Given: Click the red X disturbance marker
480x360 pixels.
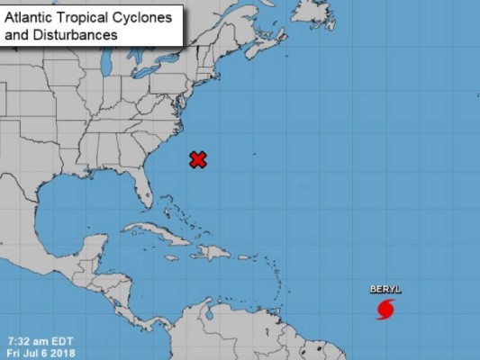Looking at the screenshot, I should tap(198, 160).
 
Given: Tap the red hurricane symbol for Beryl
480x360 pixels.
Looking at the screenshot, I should tap(385, 310).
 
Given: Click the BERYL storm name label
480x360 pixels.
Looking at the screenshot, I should tap(385, 290).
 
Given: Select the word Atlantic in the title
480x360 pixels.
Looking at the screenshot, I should tap(28, 17).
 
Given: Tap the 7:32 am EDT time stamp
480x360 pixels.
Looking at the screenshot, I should tap(40, 342).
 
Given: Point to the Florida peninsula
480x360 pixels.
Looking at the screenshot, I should tap(144, 193).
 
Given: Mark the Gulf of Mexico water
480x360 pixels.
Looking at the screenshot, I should tap(77, 202).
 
